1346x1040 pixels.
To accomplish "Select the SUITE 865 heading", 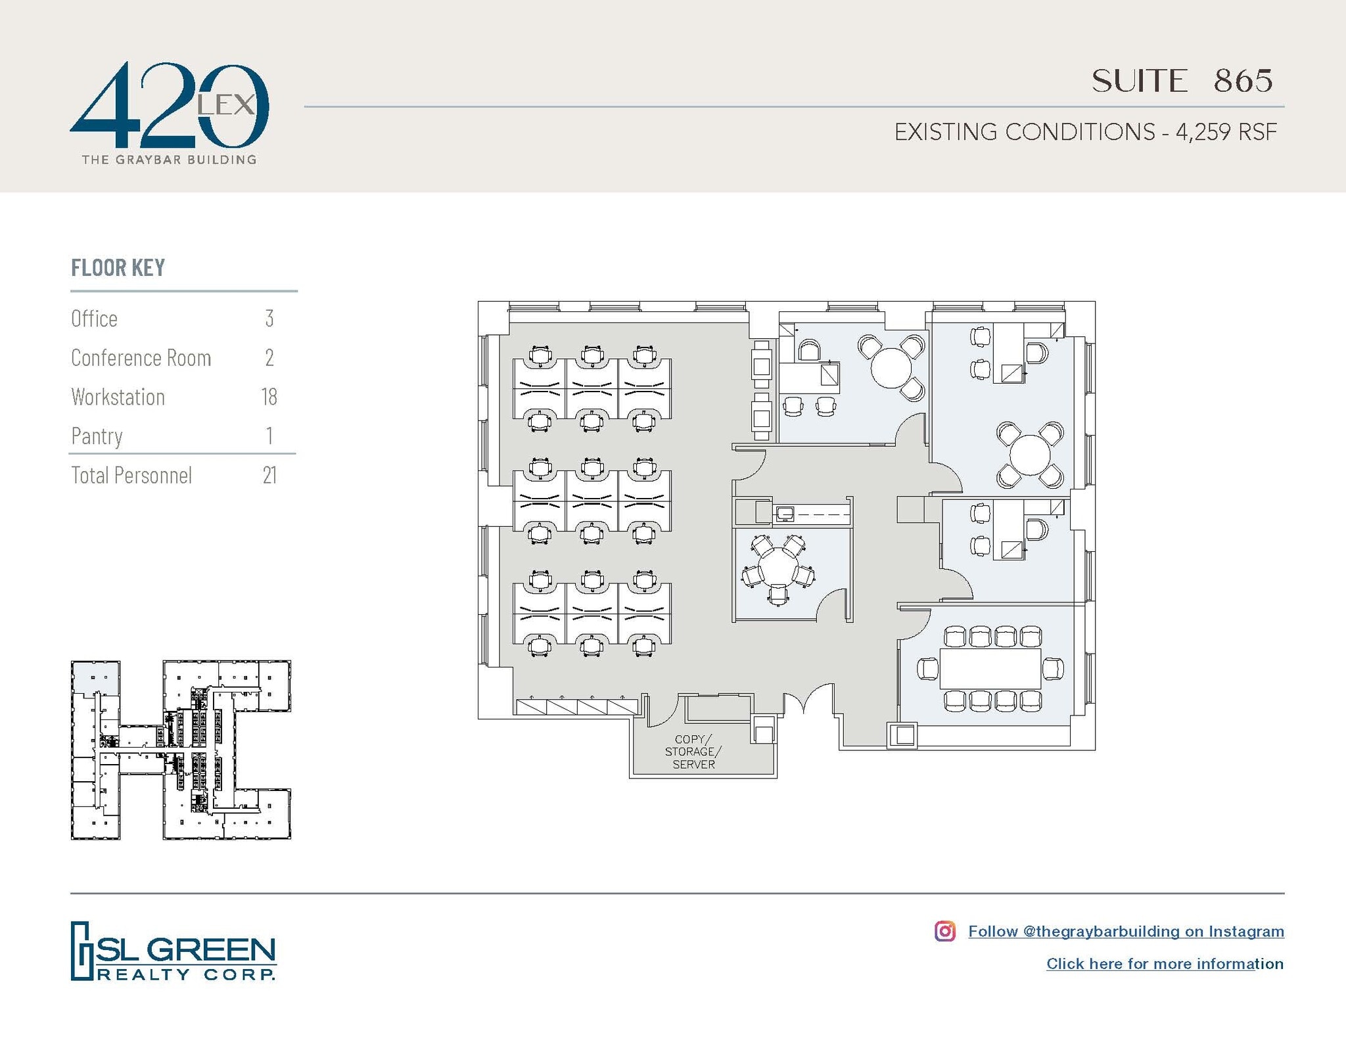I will pos(1182,81).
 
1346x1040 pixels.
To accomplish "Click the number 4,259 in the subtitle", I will pos(1203,132).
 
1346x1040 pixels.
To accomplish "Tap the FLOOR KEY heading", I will pos(118,268).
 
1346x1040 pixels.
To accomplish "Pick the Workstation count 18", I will pos(269,397).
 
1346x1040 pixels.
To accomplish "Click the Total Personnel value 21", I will pos(269,475).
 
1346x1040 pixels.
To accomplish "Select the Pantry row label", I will pos(97,436).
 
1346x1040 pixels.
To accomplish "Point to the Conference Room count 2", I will pos(269,357).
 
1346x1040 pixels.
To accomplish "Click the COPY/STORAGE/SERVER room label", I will pos(693,752).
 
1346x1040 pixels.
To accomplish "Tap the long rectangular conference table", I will pos(990,669).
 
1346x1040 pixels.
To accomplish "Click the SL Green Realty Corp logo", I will pos(174,951).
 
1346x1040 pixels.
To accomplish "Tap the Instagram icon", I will pos(945,931).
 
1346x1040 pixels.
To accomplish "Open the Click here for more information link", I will pos(1165,964).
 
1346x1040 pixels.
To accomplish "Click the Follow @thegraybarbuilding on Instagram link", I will pos(1126,931).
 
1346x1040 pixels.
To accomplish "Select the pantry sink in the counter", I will pos(785,513).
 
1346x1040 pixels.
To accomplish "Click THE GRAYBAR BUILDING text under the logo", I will pos(169,160).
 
